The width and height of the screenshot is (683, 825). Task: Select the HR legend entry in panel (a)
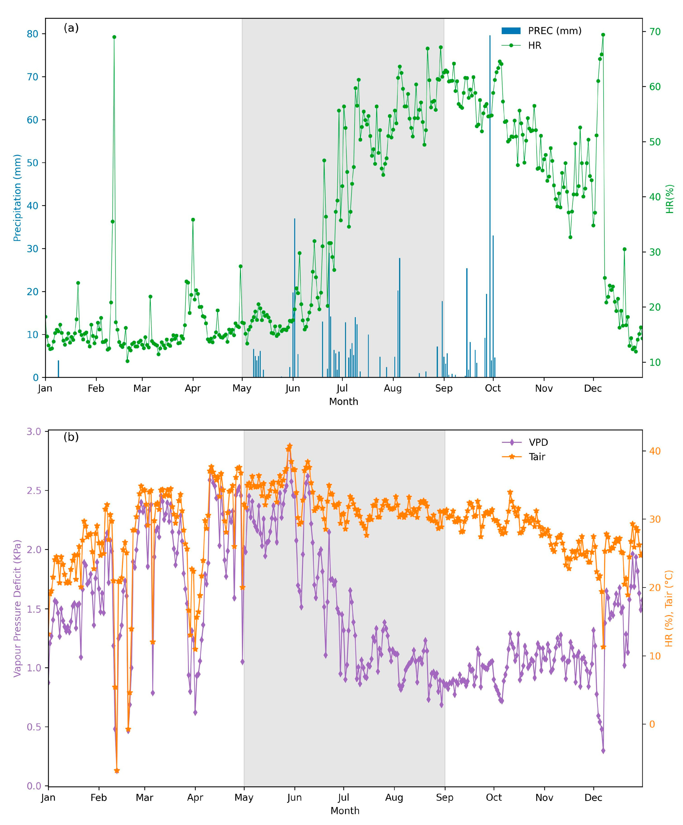[x=534, y=45]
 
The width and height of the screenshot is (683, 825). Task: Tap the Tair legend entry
[x=536, y=457]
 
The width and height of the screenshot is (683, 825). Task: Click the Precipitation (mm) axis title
[x=17, y=198]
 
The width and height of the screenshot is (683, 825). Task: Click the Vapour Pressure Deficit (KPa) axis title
[x=17, y=608]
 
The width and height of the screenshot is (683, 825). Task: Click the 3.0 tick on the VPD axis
[x=34, y=432]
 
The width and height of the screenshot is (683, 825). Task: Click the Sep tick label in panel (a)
[x=444, y=388]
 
